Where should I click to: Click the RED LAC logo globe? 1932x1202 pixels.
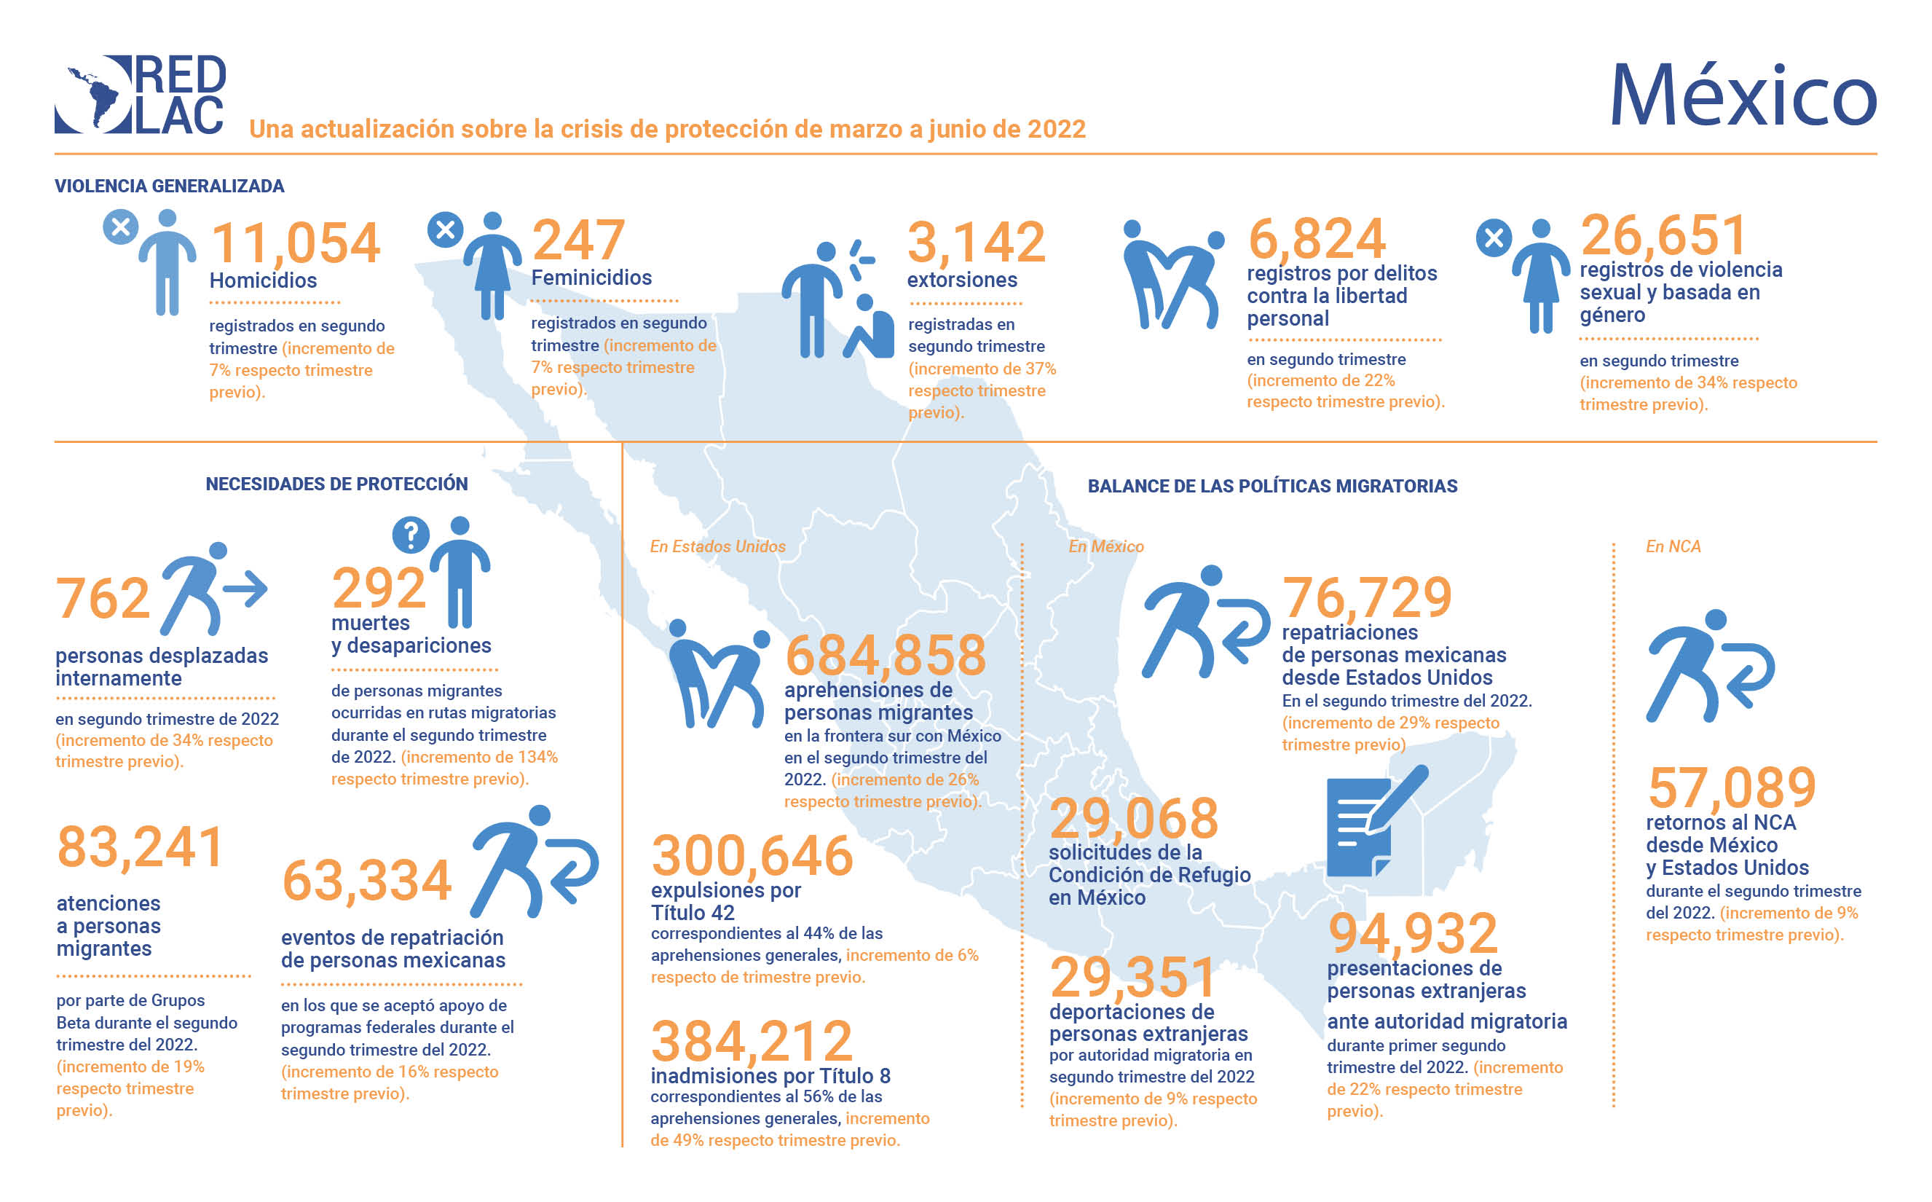94,94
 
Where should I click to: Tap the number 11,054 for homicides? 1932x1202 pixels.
296,243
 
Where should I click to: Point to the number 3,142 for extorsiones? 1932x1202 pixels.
976,242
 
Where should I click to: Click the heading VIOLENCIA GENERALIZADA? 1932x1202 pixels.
169,186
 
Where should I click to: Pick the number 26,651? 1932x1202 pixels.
1663,235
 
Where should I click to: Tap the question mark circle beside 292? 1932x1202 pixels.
411,535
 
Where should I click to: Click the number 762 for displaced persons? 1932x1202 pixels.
103,598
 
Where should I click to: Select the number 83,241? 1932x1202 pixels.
140,846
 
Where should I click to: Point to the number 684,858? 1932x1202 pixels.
886,655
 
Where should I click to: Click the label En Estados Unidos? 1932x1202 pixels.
717,546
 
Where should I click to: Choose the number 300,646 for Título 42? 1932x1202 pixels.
752,855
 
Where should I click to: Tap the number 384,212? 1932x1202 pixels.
751,1042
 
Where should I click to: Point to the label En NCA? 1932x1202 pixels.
1672,546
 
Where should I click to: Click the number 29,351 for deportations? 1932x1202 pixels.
1132,977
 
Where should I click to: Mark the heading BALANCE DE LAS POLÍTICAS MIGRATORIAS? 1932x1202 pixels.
1271,486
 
